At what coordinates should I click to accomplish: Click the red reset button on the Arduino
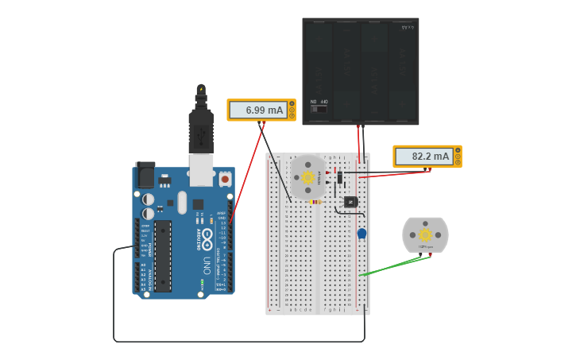pyautogui.click(x=225, y=180)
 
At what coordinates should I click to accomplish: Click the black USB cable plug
pyautogui.click(x=201, y=127)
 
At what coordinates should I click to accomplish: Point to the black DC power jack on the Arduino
pyautogui.click(x=145, y=174)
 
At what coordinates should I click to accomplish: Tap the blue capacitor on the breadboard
pyautogui.click(x=361, y=234)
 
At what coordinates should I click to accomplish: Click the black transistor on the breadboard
pyautogui.click(x=350, y=202)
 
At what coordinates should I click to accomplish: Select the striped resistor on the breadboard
pyautogui.click(x=315, y=202)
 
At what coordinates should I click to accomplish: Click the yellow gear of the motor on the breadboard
pyautogui.click(x=308, y=177)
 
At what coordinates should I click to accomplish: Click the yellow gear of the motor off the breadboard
pyautogui.click(x=425, y=234)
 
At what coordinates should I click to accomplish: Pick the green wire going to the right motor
pyautogui.click(x=389, y=266)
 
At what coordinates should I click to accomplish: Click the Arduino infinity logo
pyautogui.click(x=207, y=236)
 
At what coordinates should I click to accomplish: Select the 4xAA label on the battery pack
pyautogui.click(x=408, y=27)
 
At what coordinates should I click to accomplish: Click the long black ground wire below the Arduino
pyautogui.click(x=238, y=342)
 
